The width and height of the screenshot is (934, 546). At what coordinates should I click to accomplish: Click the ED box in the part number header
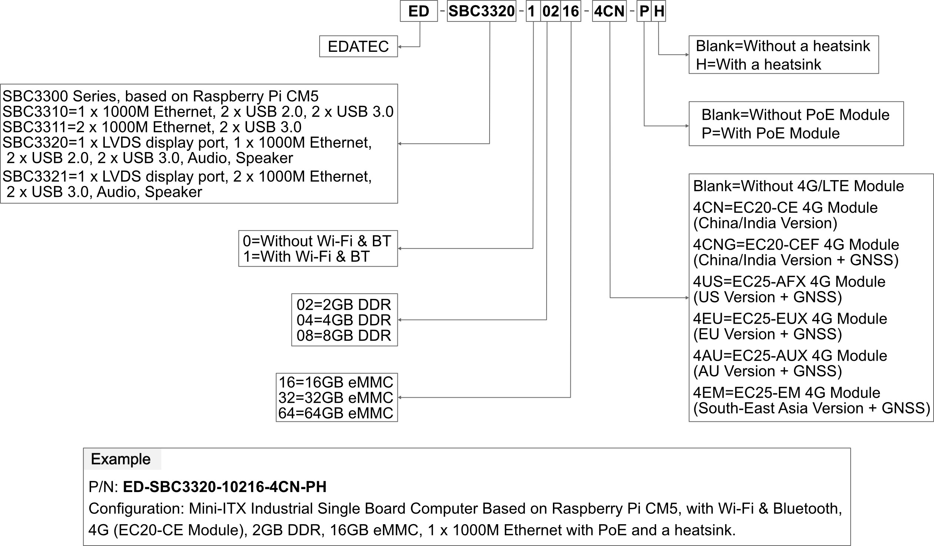tap(419, 11)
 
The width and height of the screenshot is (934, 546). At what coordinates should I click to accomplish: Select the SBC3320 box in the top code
tap(481, 11)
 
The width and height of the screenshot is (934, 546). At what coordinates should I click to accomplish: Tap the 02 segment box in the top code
tap(550, 11)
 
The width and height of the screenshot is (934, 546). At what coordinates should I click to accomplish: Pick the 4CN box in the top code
tap(609, 11)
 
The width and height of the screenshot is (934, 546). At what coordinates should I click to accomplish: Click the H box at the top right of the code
tap(658, 11)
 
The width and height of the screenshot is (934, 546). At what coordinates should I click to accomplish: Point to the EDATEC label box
tap(358, 46)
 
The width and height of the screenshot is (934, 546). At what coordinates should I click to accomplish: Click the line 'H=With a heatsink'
tap(758, 64)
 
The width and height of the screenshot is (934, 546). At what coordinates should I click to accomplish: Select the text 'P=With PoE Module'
tap(770, 133)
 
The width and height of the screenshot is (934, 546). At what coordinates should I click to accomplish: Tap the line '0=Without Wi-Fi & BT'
tap(317, 241)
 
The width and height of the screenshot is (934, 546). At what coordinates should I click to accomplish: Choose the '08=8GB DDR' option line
tap(344, 336)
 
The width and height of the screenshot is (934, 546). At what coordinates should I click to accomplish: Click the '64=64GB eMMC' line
tap(336, 413)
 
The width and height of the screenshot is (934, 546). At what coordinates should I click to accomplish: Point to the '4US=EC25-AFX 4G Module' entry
tap(789, 282)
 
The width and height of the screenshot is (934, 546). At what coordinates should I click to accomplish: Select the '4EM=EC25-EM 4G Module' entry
tap(787, 393)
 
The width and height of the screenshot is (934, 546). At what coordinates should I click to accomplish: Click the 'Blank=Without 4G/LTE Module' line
tap(798, 186)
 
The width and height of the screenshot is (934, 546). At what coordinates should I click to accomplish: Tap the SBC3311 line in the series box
tap(152, 127)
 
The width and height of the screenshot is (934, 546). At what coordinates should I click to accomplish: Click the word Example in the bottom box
tap(121, 459)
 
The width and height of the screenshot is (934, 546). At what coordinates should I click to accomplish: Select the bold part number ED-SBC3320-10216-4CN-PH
tap(224, 487)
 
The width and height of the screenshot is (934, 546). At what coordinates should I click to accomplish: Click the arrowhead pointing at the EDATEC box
tap(400, 47)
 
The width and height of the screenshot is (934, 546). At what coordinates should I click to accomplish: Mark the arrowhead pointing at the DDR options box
tap(400, 320)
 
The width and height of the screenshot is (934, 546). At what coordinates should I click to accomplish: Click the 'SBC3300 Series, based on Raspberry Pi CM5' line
tap(160, 96)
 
